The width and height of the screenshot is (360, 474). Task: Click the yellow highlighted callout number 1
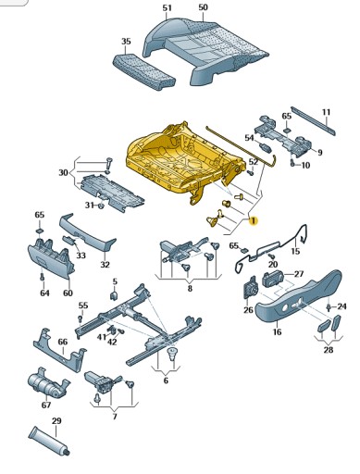tap(253, 221)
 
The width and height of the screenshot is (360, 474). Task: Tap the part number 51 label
tap(167, 8)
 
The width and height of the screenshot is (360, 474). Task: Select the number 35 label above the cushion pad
tap(126, 42)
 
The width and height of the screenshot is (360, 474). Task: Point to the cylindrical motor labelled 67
tap(47, 384)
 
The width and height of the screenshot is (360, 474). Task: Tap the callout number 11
tap(327, 112)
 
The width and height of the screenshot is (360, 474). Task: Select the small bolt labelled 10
tap(292, 164)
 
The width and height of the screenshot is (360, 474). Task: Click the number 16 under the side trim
tap(277, 331)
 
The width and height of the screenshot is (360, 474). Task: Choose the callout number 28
tap(329, 350)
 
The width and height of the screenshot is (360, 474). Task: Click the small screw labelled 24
tap(329, 307)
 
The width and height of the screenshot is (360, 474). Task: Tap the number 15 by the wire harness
tap(295, 251)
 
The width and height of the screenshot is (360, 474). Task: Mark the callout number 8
tap(190, 289)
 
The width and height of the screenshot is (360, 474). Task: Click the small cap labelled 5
tap(113, 295)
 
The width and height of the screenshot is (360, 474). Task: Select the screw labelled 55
tap(81, 318)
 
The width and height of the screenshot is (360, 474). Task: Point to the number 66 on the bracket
tap(63, 342)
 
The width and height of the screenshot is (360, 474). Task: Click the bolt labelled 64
tap(43, 277)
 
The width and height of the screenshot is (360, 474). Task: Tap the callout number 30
tap(63, 172)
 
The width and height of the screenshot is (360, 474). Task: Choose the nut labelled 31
tap(101, 206)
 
